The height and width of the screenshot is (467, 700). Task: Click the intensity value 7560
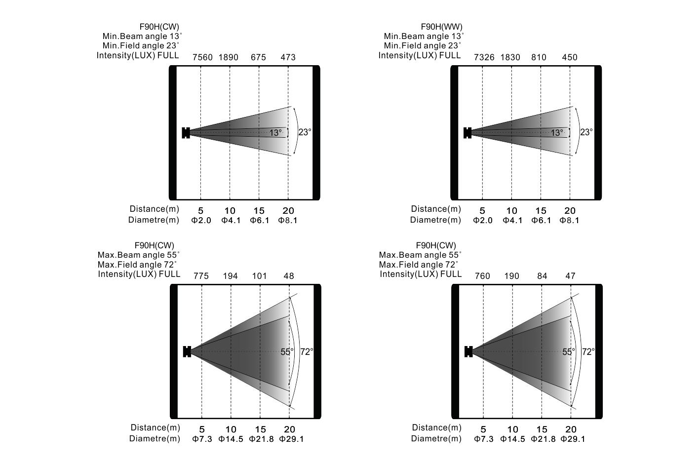click(202, 57)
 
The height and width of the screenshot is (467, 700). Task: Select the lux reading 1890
click(228, 57)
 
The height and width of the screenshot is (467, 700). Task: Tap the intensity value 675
click(258, 57)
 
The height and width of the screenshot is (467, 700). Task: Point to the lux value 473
click(288, 57)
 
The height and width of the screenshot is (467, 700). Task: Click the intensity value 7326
click(484, 57)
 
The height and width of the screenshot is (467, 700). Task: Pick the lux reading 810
click(539, 57)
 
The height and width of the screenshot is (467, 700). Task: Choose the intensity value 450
click(570, 57)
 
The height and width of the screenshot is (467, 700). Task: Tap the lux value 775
click(201, 276)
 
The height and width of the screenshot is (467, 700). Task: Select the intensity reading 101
click(259, 276)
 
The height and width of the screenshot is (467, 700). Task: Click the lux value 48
click(289, 276)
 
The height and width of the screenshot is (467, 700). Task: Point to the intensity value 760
click(482, 276)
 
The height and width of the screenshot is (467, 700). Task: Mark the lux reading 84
click(542, 276)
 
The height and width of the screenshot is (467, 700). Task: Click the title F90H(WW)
click(441, 27)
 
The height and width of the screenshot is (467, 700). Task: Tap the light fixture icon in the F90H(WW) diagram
click(467, 132)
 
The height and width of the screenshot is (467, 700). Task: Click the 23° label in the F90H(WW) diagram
click(586, 132)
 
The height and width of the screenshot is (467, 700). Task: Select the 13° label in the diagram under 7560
click(275, 133)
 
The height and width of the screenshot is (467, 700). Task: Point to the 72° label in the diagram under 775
click(307, 352)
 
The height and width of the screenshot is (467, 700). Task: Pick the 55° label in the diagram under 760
click(569, 352)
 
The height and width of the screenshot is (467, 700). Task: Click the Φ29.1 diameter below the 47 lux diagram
click(573, 439)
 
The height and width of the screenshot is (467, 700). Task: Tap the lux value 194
click(230, 276)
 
